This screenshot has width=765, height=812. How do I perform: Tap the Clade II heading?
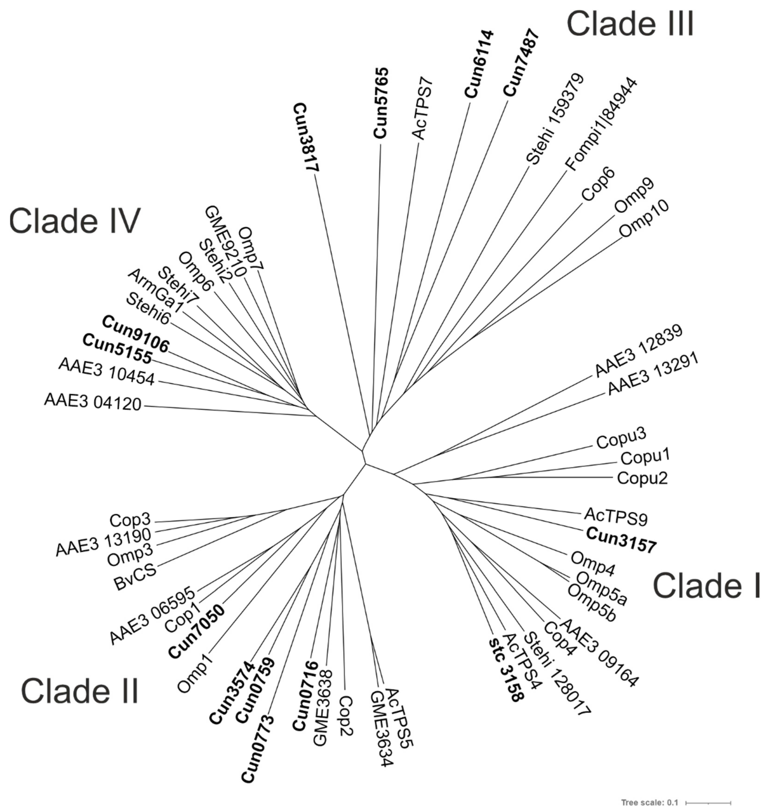point(80,691)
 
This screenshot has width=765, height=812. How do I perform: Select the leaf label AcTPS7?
point(423,108)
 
